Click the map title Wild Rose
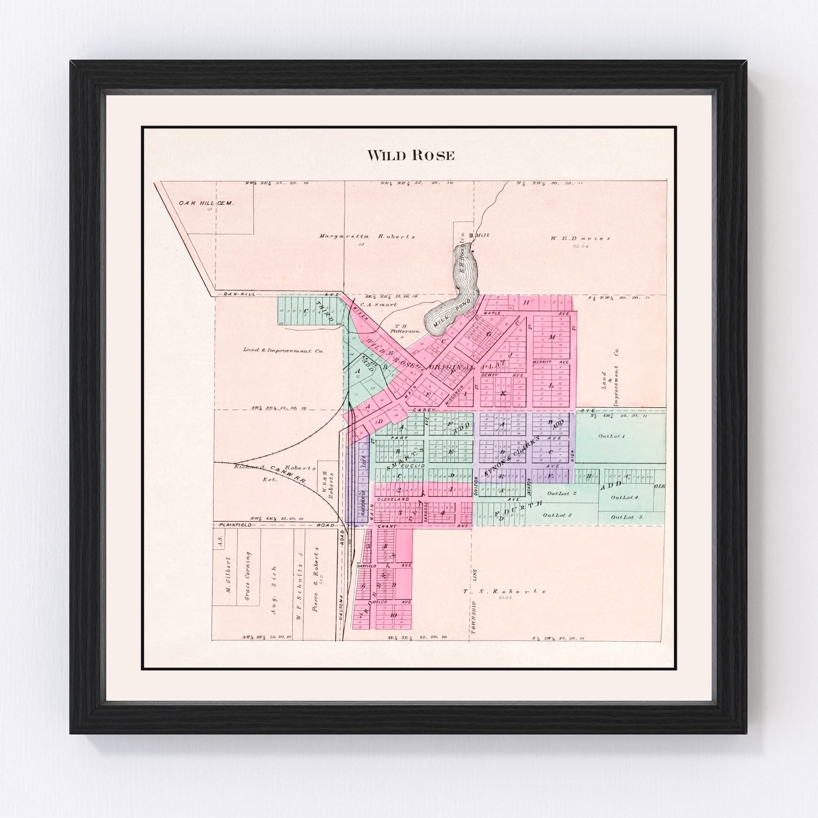click(x=411, y=155)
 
